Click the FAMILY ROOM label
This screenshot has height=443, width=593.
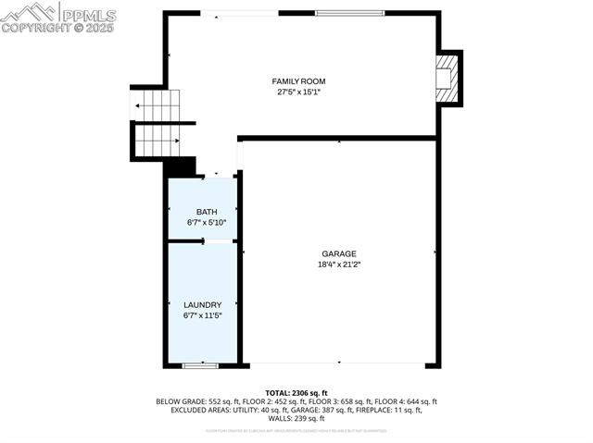click(298, 81)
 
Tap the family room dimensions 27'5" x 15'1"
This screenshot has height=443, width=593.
click(298, 92)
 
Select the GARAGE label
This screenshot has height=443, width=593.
click(338, 253)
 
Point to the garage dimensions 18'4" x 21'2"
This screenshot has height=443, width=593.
click(338, 264)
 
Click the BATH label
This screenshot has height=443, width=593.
click(206, 213)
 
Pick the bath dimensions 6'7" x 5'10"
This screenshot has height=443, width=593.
click(206, 223)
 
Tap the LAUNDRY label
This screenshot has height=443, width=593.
click(202, 305)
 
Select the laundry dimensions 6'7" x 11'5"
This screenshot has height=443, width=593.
click(202, 315)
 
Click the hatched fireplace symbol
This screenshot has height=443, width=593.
click(447, 79)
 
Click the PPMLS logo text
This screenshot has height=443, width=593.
click(88, 15)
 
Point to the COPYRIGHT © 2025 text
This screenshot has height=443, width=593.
click(57, 29)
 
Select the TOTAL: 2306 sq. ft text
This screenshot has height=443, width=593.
click(296, 393)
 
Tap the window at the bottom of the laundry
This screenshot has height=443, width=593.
click(199, 366)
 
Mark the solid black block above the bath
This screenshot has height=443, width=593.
click(181, 167)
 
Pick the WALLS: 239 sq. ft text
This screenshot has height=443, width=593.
click(296, 418)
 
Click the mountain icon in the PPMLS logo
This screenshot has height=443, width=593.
click(28, 13)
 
